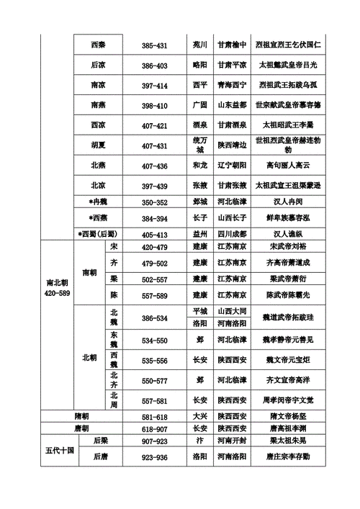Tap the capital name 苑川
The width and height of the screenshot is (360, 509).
[x=199, y=45]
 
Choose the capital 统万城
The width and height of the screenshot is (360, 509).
[x=199, y=145]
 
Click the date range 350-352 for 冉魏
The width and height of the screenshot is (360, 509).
[x=155, y=202]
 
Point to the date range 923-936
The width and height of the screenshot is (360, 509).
[x=155, y=457]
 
